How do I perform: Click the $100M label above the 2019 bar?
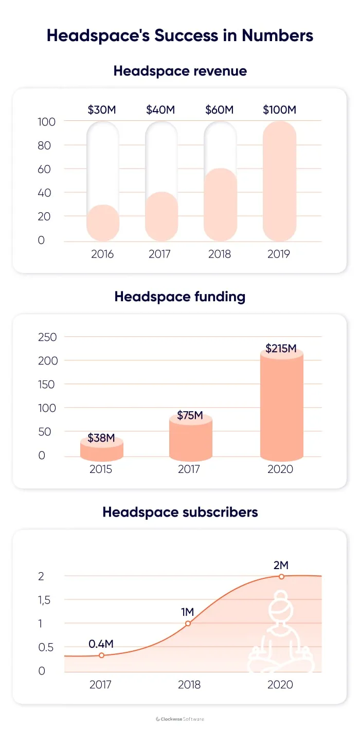coord(279,109)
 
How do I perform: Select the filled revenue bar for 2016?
coord(103,223)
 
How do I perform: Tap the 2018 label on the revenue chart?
coord(220,254)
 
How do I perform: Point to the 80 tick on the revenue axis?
coord(44,145)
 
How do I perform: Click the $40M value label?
coord(160,109)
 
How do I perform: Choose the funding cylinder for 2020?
coord(281,406)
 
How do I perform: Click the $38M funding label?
coord(101,438)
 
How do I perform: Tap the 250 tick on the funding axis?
coord(47,337)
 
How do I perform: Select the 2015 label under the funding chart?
coord(101,469)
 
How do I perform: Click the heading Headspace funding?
coord(180,297)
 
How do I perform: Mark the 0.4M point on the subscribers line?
coord(101,655)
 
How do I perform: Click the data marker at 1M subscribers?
coord(188,624)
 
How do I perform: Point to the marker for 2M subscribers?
coord(281,576)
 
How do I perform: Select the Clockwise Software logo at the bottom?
coord(180,719)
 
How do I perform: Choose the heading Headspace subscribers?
coord(180,512)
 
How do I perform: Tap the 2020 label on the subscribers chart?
coord(280,685)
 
